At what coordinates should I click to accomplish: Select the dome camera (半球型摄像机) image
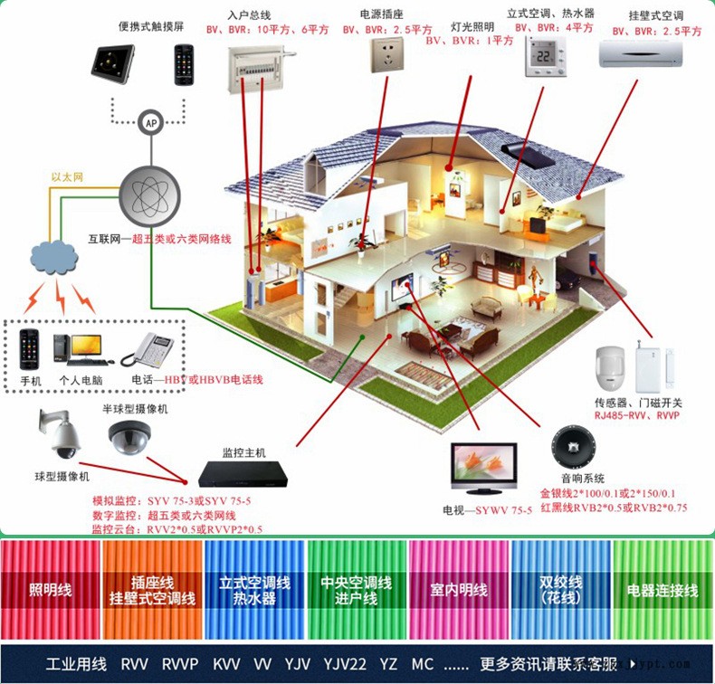tap(129, 438)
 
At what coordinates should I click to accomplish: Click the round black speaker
tap(573, 448)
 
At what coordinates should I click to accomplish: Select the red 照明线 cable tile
tap(50, 590)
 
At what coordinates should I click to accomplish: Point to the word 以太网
tap(67, 177)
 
